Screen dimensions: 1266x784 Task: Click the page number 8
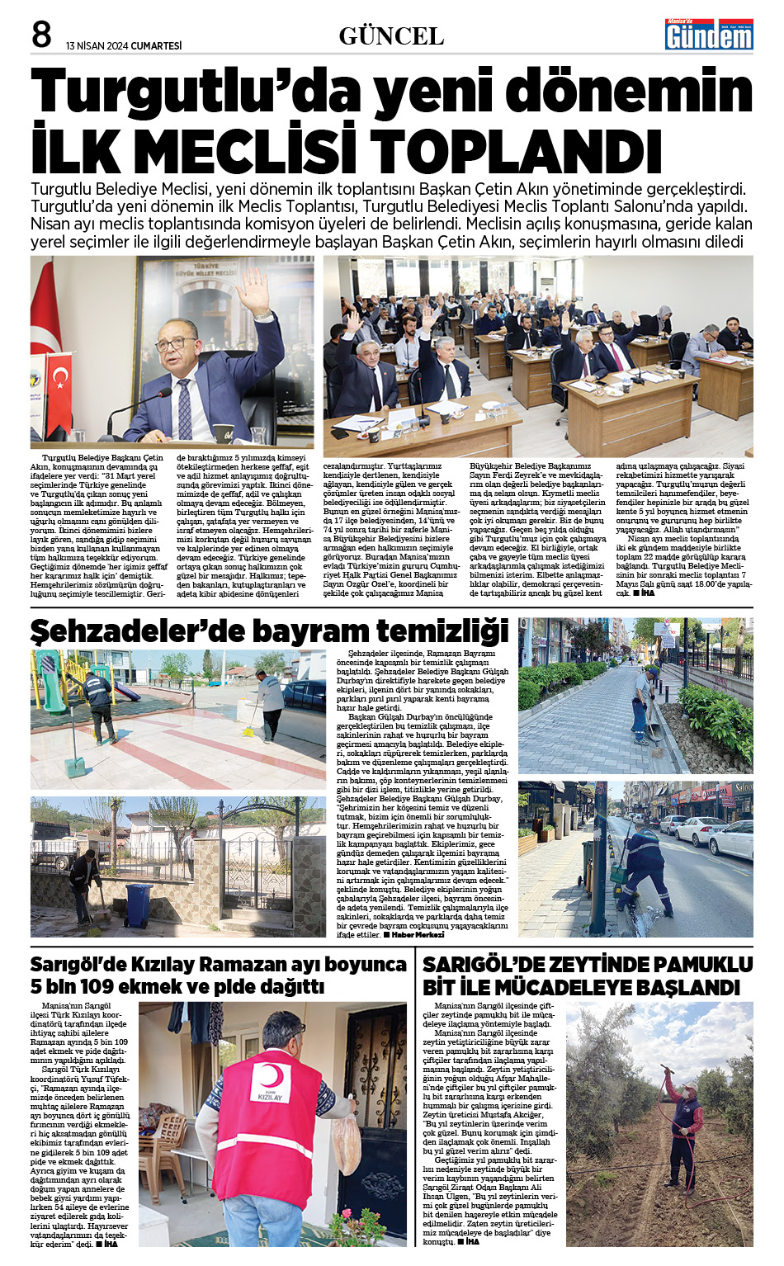[x=41, y=35]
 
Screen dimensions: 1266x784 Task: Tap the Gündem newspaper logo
[x=709, y=35]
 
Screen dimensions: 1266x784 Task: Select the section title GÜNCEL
[x=391, y=36]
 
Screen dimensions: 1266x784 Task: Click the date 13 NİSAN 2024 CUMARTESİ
[x=124, y=46]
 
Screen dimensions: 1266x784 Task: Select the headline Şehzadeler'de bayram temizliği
[x=269, y=631]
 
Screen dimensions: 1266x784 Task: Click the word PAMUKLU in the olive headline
[x=697, y=965]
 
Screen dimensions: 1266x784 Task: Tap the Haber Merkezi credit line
[x=417, y=935]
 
